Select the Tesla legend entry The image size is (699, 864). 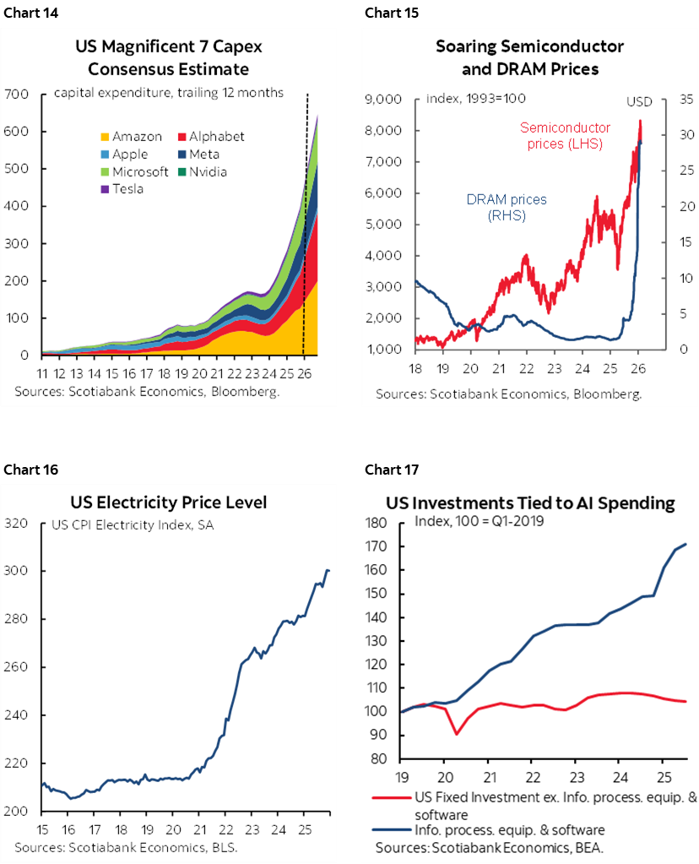[x=128, y=189]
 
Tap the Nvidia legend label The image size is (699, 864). [x=208, y=171]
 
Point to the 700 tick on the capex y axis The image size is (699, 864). [x=17, y=94]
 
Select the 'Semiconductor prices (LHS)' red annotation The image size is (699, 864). [x=565, y=136]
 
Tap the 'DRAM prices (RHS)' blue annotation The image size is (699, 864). [x=507, y=208]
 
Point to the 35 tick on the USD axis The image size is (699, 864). [x=684, y=100]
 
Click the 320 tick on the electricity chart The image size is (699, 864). [x=17, y=524]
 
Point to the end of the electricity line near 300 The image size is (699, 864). [x=328, y=571]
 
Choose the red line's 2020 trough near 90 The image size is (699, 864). [x=458, y=733]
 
